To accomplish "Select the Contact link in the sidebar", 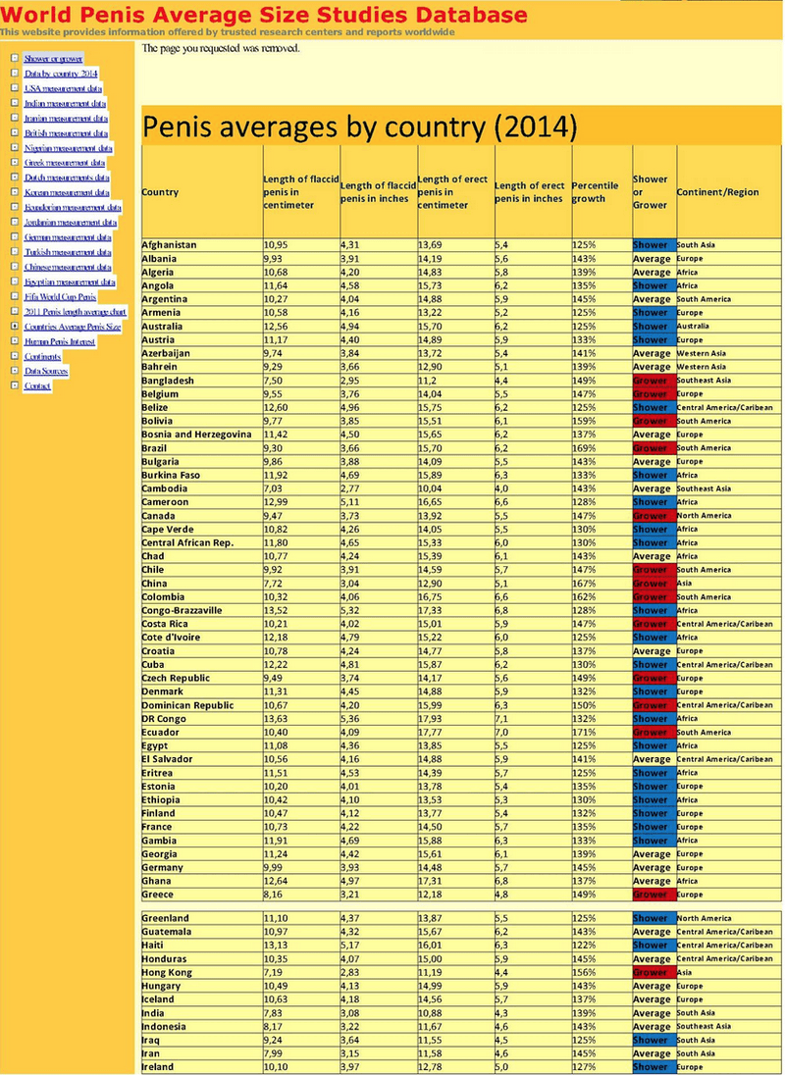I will (37, 385).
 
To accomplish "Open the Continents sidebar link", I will (42, 356).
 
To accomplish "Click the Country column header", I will (160, 192).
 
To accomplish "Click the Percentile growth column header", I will (596, 191).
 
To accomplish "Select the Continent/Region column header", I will (718, 192).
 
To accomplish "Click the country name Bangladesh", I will (169, 381).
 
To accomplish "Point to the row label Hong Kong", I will (167, 973).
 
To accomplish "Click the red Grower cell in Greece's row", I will (652, 895).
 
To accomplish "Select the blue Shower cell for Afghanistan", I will (652, 245).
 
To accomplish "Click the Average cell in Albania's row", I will (652, 259).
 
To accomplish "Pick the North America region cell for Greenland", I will (704, 919).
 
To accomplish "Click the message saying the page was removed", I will (221, 48).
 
